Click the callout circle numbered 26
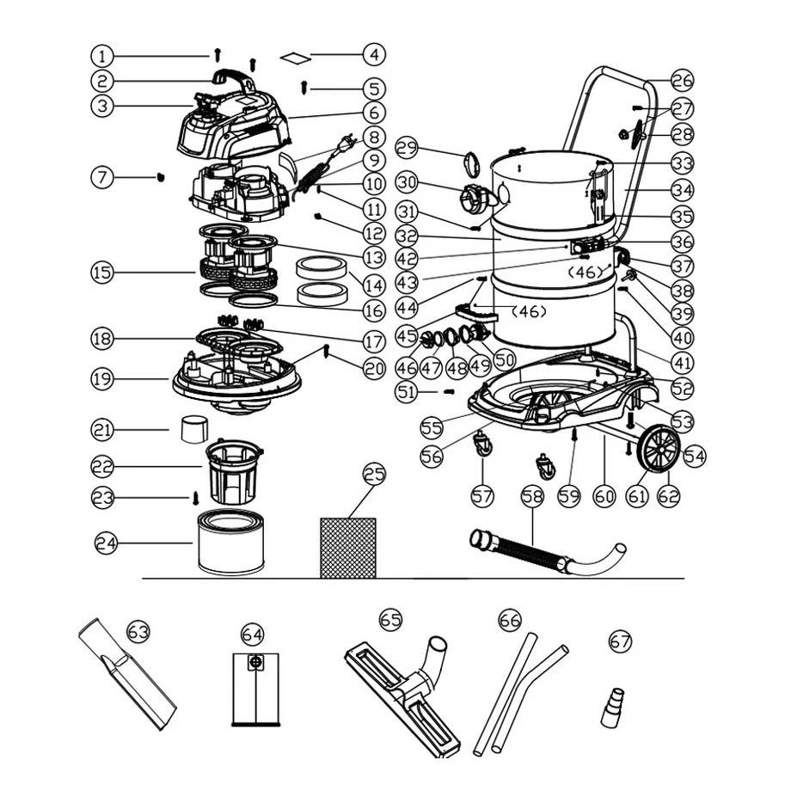[682, 82]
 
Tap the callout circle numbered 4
[372, 55]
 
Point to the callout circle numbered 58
[532, 497]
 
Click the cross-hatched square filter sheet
[348, 547]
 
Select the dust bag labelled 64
[255, 688]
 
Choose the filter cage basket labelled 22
[234, 471]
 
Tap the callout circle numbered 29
[408, 147]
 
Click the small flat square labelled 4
[295, 57]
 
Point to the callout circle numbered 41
[682, 362]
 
